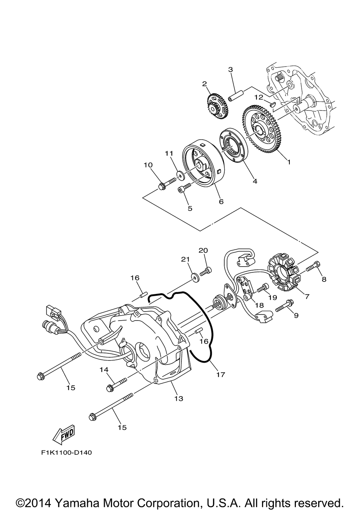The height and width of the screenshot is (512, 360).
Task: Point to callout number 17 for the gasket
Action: [221, 375]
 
